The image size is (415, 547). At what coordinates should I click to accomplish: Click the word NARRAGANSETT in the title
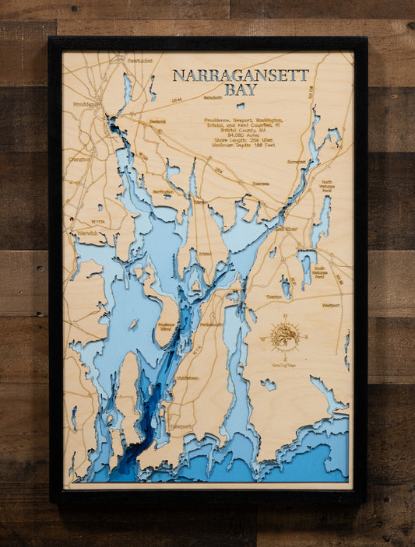click(241, 75)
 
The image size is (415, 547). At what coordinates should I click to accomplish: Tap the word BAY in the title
click(241, 89)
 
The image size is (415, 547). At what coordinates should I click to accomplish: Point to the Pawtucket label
click(140, 60)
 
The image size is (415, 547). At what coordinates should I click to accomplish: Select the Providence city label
click(87, 103)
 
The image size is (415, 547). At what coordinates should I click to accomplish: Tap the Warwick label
click(87, 232)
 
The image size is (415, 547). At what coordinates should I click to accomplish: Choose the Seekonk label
click(158, 121)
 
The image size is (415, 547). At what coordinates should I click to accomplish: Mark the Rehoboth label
click(213, 98)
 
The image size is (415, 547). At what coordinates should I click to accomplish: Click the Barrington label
click(163, 191)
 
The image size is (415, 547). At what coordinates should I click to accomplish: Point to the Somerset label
click(297, 162)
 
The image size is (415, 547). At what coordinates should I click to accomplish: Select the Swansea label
click(260, 184)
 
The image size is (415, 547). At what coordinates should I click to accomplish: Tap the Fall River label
click(287, 229)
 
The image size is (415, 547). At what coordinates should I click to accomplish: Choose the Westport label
click(331, 306)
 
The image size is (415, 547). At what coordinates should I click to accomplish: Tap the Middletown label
click(187, 378)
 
